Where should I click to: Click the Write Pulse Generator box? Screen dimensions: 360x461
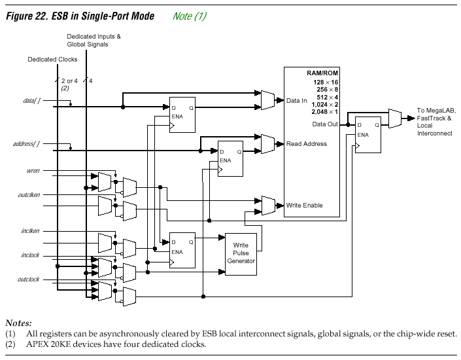click(241, 253)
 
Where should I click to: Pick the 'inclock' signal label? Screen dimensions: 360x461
click(30, 255)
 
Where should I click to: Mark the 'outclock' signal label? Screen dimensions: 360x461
click(29, 279)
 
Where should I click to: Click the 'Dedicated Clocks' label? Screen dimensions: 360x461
click(52, 60)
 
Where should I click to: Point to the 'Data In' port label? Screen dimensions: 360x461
click(296, 101)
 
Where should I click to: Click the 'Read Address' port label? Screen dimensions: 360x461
click(306, 143)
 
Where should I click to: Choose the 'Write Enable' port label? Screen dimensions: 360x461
click(304, 206)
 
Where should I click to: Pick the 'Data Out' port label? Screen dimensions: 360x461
click(324, 124)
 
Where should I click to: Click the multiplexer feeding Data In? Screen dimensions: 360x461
click(267, 99)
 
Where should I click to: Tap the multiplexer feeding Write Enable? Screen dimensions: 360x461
click(267, 205)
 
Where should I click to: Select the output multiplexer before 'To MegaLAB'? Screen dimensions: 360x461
click(394, 118)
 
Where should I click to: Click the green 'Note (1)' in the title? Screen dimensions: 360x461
click(190, 16)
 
